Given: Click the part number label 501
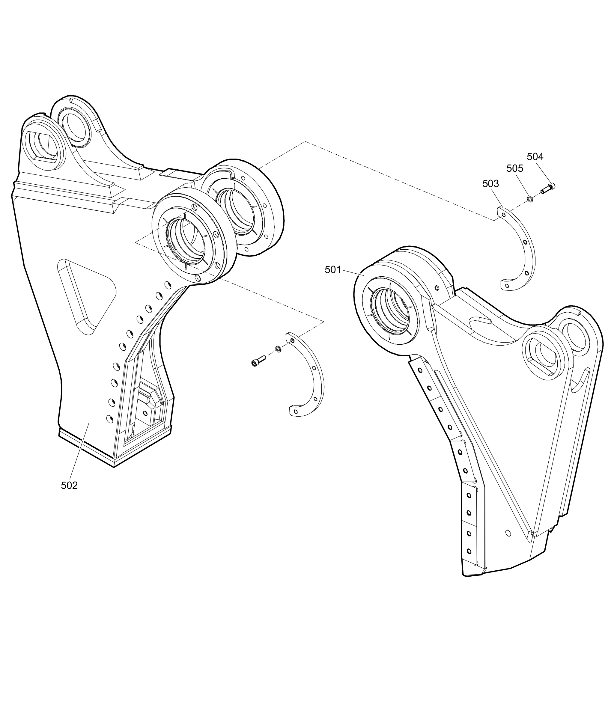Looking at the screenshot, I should point(333,270).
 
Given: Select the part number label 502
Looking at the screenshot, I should point(69,486).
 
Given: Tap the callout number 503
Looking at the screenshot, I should point(490,184).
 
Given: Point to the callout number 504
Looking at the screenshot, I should point(535,157).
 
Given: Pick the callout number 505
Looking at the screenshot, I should point(515,169).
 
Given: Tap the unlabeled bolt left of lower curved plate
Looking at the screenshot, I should point(258,361).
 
